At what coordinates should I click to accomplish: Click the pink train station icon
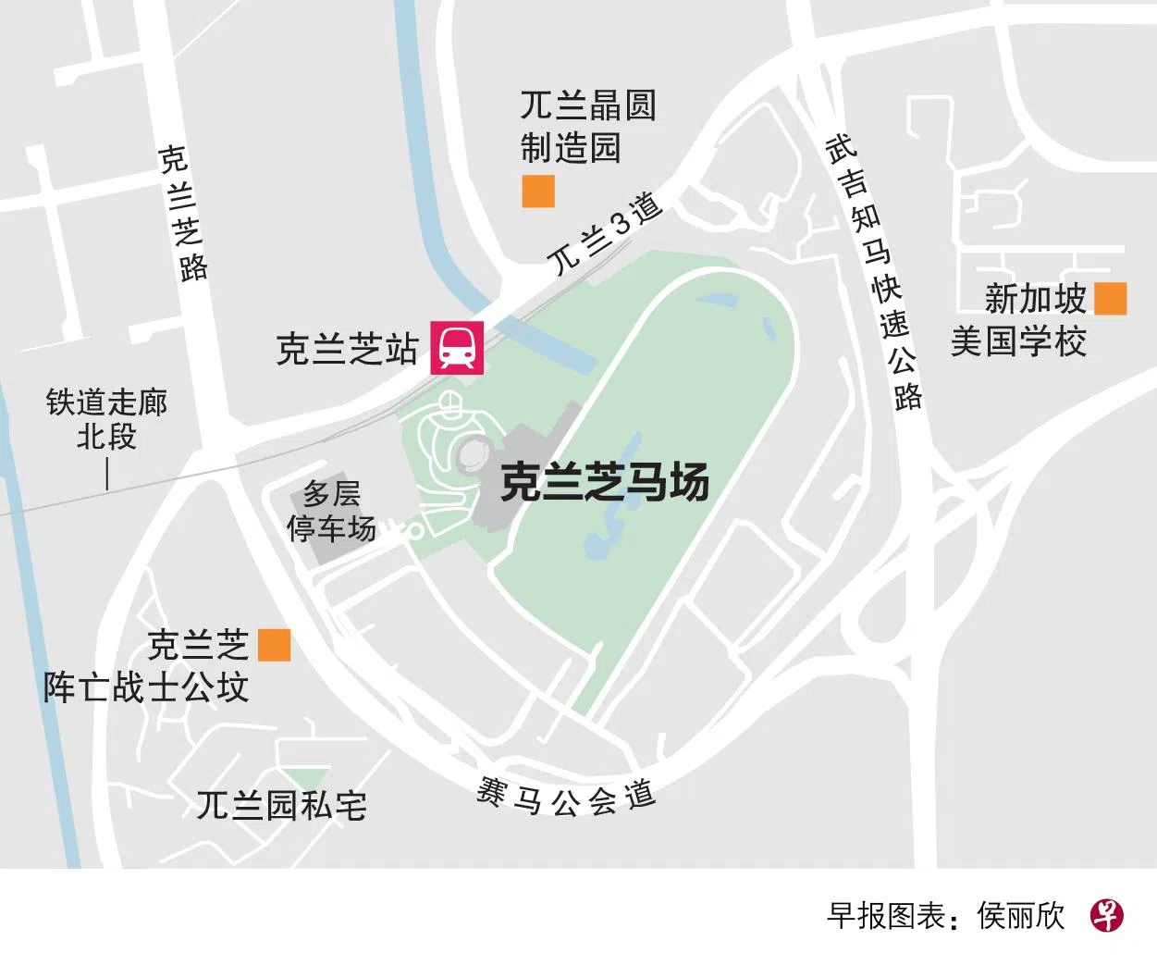click(x=457, y=346)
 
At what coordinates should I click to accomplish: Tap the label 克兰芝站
click(x=347, y=349)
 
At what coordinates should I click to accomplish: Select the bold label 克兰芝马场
click(x=605, y=482)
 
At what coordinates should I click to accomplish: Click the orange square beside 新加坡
click(x=1110, y=299)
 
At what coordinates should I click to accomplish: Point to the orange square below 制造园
click(x=538, y=191)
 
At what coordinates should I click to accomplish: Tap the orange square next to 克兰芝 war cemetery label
click(x=274, y=645)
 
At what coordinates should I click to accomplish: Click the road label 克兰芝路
click(x=182, y=212)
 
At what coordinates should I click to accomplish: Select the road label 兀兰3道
click(x=606, y=232)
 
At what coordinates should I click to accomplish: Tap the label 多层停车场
click(x=331, y=511)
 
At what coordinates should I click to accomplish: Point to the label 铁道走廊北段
click(x=106, y=418)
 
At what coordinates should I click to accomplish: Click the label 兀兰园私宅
click(x=281, y=806)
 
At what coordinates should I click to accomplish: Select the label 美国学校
click(x=1018, y=341)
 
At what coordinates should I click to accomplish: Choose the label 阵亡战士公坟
click(x=146, y=687)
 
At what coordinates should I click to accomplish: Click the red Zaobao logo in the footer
click(x=1106, y=916)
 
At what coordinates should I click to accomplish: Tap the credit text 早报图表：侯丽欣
click(x=945, y=916)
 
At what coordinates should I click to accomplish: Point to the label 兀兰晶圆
click(x=588, y=105)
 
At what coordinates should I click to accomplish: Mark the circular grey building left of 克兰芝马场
click(x=474, y=452)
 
